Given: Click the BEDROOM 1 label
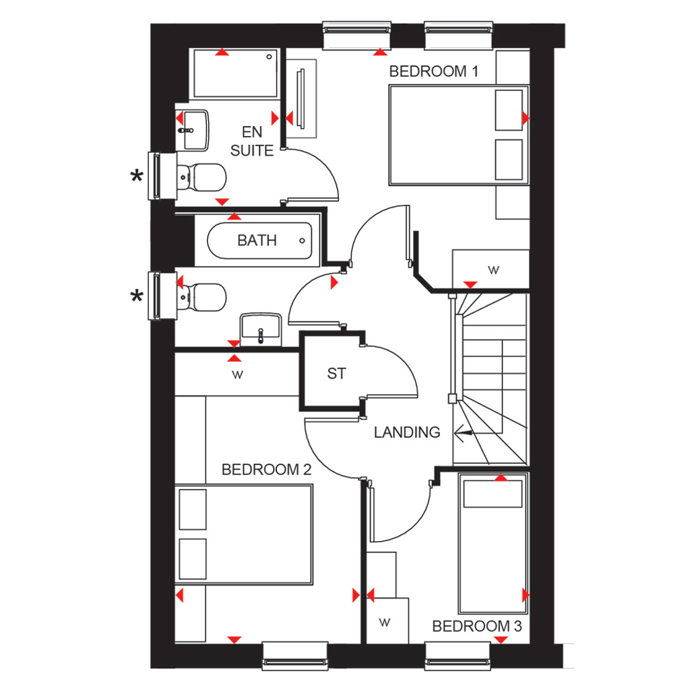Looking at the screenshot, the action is (x=433, y=71).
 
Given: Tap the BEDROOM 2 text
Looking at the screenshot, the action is (x=266, y=470).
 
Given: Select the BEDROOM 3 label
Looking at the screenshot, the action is (x=476, y=626).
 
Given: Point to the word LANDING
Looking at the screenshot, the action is (x=406, y=432).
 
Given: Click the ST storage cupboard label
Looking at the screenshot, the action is (x=337, y=373).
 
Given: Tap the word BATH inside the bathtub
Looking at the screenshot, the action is (x=257, y=241).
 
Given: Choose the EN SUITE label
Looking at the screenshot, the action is (x=252, y=142).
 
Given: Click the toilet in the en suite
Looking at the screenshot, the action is (x=201, y=177).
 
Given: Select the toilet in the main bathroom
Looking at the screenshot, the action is (x=201, y=297).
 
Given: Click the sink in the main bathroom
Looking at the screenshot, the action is (x=261, y=329).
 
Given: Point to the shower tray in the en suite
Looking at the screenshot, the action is (x=235, y=73).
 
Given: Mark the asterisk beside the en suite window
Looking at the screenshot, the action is (x=137, y=177).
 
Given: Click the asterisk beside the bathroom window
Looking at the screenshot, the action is (x=137, y=296).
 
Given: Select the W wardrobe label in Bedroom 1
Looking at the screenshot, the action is (x=493, y=270).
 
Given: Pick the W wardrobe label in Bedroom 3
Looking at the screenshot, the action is (x=384, y=622).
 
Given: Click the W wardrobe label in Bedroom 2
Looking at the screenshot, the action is (x=237, y=375).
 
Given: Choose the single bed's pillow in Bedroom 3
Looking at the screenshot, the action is (x=493, y=494).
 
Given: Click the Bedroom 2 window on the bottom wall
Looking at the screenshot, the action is (x=295, y=656).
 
